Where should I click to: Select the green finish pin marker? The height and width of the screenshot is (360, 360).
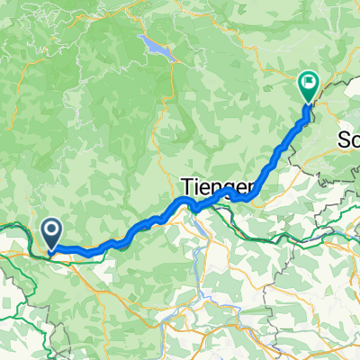tap(308, 87)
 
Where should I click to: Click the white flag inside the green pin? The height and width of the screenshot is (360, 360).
tap(309, 85)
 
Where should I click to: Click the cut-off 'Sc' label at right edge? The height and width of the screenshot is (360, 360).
tap(348, 139)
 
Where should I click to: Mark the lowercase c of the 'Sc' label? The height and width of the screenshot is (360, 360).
tap(355, 141)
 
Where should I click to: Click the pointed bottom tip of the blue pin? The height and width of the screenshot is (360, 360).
tap(52, 249)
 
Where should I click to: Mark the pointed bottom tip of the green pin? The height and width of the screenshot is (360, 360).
tap(308, 103)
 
